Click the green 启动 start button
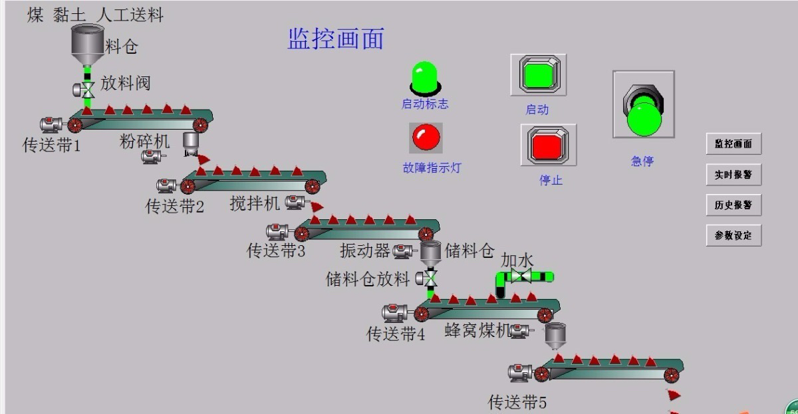(x=538, y=74)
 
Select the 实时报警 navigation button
(x=733, y=175)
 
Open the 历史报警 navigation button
(x=733, y=205)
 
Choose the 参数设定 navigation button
(x=733, y=235)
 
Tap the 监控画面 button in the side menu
(x=733, y=144)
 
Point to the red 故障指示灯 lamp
(x=425, y=138)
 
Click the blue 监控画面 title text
(x=336, y=39)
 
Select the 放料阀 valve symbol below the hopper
(x=86, y=89)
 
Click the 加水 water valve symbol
(x=522, y=276)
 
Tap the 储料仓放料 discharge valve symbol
(x=430, y=277)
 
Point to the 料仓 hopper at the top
(x=87, y=41)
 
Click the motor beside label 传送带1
(x=51, y=124)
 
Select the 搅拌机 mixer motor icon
(x=295, y=202)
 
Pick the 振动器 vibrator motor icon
(x=403, y=251)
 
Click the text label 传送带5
(x=517, y=402)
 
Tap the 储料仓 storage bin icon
(x=430, y=253)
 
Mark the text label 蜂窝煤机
(x=476, y=330)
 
